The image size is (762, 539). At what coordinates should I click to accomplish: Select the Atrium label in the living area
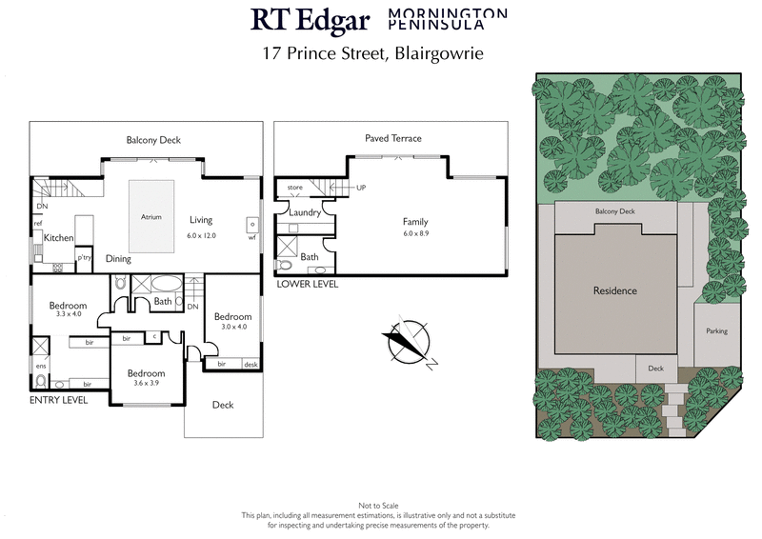pos(150,216)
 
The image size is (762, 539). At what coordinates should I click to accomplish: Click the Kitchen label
pos(58,237)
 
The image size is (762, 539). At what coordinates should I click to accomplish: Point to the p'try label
pos(84,257)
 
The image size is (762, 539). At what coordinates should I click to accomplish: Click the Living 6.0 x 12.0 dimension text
pos(201,234)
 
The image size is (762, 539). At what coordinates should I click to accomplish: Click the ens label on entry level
pos(40,366)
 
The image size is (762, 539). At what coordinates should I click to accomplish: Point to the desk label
pos(251,364)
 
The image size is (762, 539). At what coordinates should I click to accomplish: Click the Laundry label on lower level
pos(304,213)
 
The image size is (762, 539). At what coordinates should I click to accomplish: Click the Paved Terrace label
pos(392,139)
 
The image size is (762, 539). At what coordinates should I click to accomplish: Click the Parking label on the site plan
pos(717,331)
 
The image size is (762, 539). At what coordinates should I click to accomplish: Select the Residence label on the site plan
pos(614,290)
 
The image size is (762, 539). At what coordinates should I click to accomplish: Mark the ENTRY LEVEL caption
pos(59,401)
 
